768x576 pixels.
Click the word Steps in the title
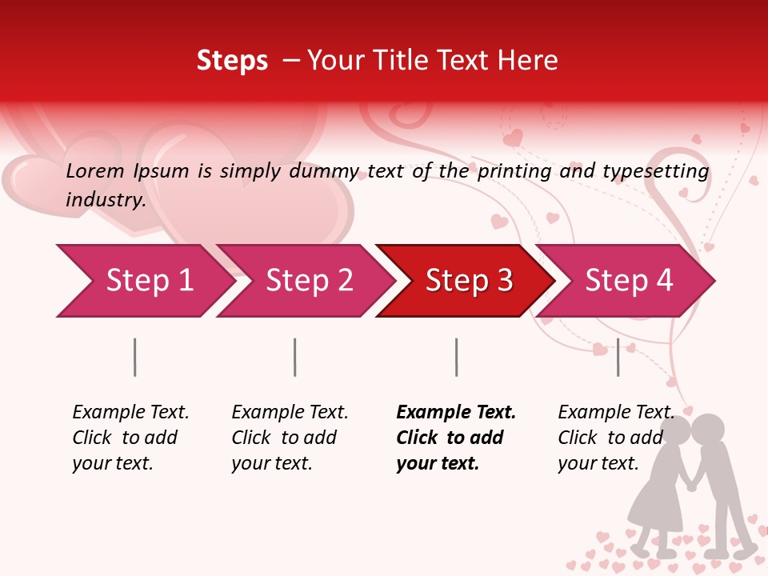(x=232, y=61)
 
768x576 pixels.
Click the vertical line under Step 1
(x=135, y=357)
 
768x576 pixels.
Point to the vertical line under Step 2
(x=295, y=357)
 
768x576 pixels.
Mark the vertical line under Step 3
(x=456, y=357)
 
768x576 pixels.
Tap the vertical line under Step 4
(x=618, y=357)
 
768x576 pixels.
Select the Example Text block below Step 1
(x=130, y=438)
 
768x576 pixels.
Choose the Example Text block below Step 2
(x=290, y=438)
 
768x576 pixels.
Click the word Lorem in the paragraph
(x=95, y=171)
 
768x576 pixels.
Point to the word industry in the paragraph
(x=105, y=200)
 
